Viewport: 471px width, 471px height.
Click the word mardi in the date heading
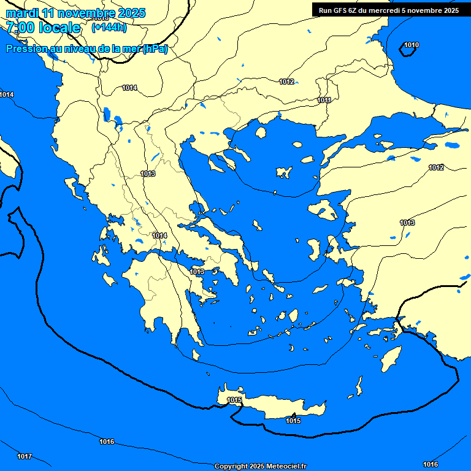coord(20,13)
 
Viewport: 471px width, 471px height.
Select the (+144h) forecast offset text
coord(109,28)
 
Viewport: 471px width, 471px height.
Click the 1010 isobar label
coord(412,45)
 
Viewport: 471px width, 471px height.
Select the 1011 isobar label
coord(324,100)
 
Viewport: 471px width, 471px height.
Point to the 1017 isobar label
coord(25,456)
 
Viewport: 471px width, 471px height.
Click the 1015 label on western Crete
coord(234,400)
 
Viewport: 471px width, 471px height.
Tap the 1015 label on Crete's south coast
coord(293,421)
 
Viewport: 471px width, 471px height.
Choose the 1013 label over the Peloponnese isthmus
coord(197,272)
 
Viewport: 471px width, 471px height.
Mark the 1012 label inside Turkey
coord(436,167)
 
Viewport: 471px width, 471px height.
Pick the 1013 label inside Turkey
coord(407,223)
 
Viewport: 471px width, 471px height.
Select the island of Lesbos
coord(323,210)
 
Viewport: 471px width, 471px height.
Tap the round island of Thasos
coord(261,132)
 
